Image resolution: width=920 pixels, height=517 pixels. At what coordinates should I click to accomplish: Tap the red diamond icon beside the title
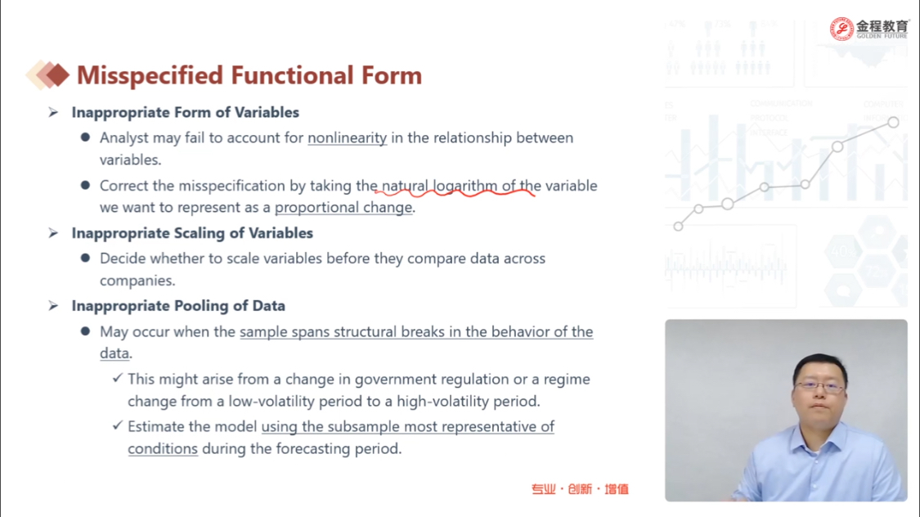[x=57, y=75]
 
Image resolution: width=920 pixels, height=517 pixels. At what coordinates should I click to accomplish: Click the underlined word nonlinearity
[x=348, y=138]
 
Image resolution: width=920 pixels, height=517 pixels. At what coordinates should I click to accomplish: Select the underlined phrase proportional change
[x=343, y=208]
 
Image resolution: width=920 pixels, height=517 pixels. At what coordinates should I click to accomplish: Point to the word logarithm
[x=464, y=186]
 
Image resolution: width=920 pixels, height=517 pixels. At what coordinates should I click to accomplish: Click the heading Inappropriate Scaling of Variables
[x=192, y=233]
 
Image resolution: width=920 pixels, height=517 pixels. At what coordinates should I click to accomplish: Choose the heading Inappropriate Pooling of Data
[x=178, y=306]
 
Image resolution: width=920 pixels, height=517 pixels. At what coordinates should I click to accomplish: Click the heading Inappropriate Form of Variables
[x=186, y=112]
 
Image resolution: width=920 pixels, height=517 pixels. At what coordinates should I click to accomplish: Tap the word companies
[x=136, y=281]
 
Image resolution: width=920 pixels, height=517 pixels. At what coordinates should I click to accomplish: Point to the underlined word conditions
[x=163, y=449]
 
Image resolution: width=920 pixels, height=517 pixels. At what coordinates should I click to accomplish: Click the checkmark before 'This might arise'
[x=117, y=379]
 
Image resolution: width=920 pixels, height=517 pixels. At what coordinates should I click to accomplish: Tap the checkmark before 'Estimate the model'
[x=117, y=425]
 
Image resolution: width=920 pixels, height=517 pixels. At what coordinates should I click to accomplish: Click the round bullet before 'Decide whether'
[x=86, y=258]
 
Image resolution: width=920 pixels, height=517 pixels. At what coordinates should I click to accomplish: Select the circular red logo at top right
[x=841, y=29]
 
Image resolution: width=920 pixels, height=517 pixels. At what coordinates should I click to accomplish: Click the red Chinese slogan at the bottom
[x=580, y=489]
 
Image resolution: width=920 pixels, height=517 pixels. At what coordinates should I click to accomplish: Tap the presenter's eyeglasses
[x=819, y=386]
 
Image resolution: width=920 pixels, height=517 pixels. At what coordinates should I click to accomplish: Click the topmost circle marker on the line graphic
[x=893, y=122]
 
